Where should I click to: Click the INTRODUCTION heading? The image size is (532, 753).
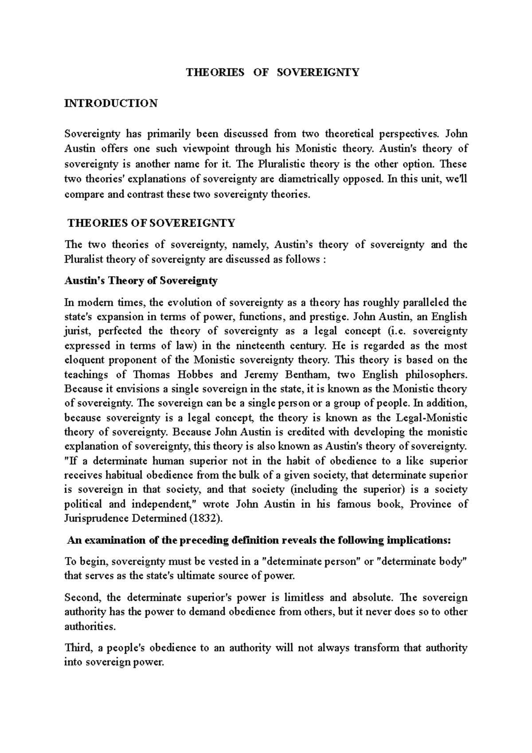[111, 103]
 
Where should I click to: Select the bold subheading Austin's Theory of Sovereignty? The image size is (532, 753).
[141, 281]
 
